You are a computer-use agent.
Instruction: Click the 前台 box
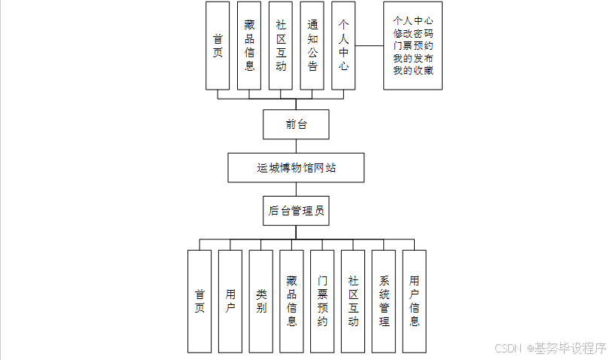[296, 124]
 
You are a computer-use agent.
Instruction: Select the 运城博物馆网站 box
[296, 167]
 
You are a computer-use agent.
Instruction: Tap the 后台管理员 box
[296, 212]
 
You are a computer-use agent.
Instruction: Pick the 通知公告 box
[312, 46]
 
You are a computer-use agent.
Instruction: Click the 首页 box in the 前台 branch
[218, 46]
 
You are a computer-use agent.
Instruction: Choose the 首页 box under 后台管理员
[199, 301]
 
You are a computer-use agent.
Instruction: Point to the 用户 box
[230, 301]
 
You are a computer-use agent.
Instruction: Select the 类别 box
[261, 301]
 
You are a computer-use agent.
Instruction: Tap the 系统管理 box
[384, 301]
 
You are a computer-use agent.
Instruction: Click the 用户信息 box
[415, 301]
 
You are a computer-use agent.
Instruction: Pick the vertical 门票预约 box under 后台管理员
[322, 301]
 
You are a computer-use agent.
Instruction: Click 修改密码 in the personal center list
[413, 33]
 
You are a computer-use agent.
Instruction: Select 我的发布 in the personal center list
[413, 58]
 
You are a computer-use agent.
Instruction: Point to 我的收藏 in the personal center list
[413, 71]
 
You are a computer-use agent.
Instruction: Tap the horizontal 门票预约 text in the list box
[413, 46]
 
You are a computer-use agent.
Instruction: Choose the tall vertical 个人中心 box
[343, 46]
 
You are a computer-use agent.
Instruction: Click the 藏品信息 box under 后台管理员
[291, 301]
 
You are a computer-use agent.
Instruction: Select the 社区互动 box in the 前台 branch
[281, 46]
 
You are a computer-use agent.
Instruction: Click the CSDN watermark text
[510, 348]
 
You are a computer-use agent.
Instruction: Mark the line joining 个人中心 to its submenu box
[369, 46]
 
